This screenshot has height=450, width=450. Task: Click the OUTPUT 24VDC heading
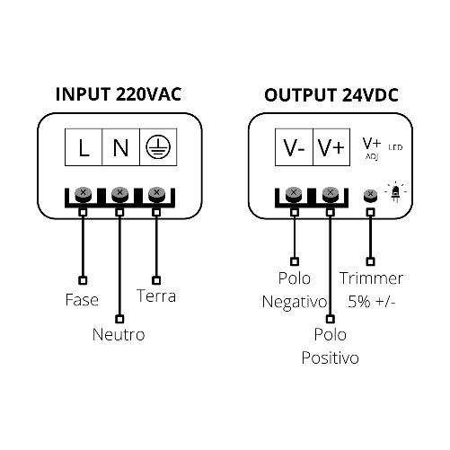[331, 94]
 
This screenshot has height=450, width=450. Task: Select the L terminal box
[84, 148]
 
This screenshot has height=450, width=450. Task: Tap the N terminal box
[120, 148]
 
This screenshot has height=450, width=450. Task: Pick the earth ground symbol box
[157, 148]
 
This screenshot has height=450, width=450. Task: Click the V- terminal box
[294, 148]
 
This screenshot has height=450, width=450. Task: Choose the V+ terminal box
[331, 148]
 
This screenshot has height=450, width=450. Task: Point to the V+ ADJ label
[372, 146]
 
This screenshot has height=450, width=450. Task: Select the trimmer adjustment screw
[368, 195]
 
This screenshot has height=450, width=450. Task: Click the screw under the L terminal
[84, 193]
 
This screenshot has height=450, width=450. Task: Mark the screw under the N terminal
[119, 193]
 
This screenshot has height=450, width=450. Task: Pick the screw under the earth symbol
[156, 193]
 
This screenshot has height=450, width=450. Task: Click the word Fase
[82, 299]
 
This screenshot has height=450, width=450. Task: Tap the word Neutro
[119, 335]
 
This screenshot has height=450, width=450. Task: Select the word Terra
[156, 296]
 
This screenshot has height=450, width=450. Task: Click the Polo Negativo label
[294, 289]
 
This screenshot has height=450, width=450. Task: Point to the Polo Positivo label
[331, 347]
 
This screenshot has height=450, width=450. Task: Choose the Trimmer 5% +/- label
[372, 289]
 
